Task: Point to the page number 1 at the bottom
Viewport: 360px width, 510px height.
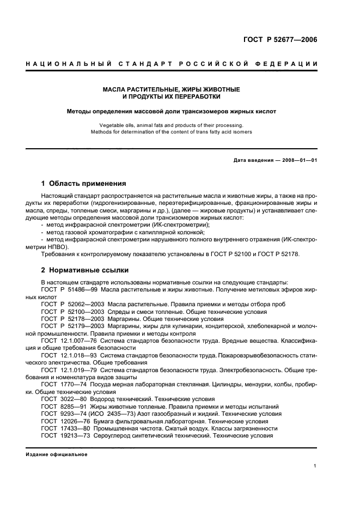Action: [315, 466]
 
